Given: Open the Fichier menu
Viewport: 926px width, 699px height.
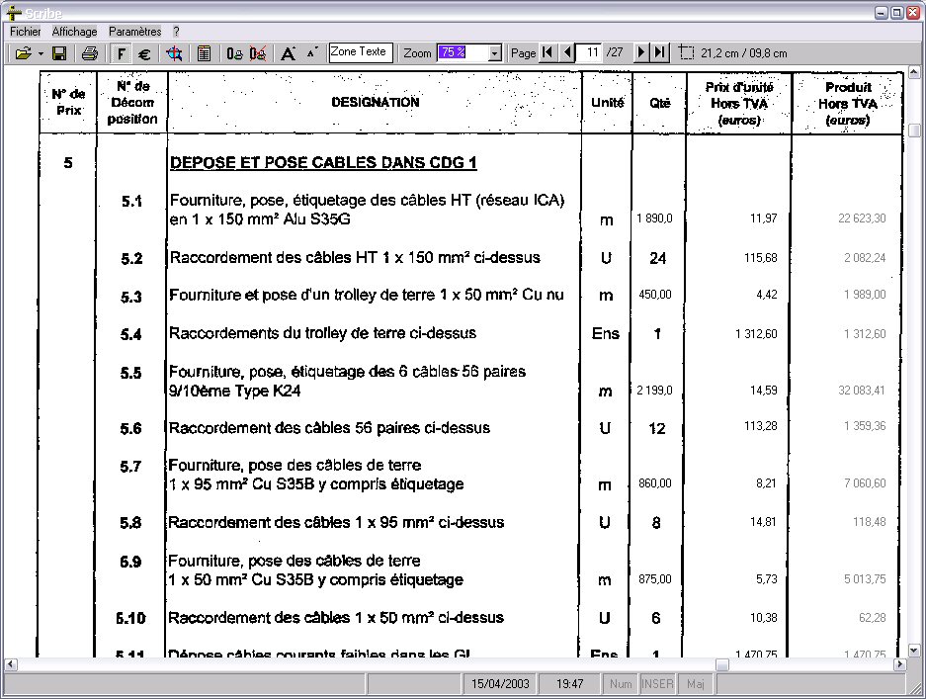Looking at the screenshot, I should tap(25, 32).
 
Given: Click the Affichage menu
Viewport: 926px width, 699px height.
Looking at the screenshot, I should tap(75, 32).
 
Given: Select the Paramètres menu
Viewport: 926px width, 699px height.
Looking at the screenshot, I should tap(134, 32).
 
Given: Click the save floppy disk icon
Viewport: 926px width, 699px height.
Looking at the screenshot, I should tap(59, 53).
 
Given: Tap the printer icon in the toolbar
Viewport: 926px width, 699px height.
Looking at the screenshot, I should tap(90, 53).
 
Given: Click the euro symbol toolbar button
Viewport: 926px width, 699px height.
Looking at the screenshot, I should tap(144, 53).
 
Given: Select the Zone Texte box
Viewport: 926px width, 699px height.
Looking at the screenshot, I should tap(360, 52).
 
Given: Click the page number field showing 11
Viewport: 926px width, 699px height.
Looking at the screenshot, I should tap(591, 53).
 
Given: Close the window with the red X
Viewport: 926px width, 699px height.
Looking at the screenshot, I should tap(913, 13).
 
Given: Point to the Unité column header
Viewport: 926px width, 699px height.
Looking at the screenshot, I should tap(607, 102).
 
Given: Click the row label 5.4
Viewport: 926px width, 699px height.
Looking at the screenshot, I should tap(131, 334).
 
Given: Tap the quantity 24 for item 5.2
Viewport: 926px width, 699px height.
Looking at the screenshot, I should tap(657, 258).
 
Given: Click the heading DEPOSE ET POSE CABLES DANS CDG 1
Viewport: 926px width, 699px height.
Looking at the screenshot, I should tap(324, 163).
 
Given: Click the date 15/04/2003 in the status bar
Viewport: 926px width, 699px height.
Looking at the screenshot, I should tap(500, 683).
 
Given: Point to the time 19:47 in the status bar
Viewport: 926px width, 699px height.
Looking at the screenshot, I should tap(569, 683).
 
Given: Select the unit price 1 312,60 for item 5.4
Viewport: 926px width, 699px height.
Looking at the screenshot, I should tap(756, 334).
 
